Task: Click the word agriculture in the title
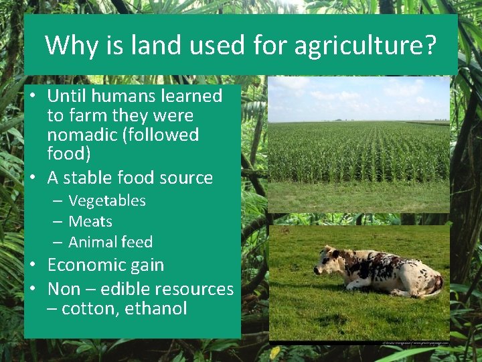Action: pos(357,46)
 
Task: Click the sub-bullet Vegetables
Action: pos(106,200)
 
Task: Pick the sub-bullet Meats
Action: pos(90,221)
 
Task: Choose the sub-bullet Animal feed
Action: pos(110,242)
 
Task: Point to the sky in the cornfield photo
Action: pos(358,97)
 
